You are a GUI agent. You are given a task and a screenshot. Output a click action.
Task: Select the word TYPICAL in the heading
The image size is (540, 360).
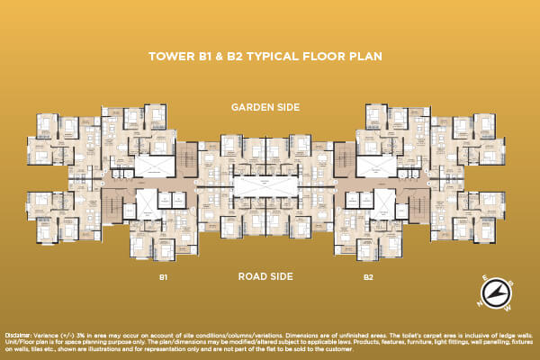(290, 56)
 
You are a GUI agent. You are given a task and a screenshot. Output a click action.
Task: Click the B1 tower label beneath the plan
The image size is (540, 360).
(164, 277)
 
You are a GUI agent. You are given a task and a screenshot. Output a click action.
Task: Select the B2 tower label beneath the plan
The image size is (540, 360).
(369, 277)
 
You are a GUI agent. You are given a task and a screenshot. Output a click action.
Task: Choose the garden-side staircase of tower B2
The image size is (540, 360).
(345, 157)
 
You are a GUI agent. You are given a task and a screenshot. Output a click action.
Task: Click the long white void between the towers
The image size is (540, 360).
(266, 184)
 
